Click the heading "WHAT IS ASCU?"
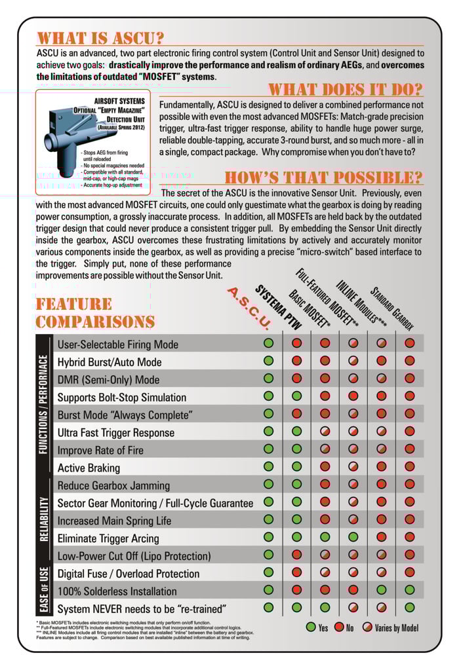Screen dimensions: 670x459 coord(100,38)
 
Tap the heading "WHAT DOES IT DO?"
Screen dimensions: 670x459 coord(346,90)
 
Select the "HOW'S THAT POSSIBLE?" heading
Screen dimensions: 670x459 coord(323,177)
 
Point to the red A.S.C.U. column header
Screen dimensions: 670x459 coord(248,307)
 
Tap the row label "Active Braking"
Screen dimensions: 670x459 coord(89,468)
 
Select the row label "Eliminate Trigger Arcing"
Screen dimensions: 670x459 coord(108,538)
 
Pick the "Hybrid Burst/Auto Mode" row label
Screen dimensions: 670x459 coord(110,362)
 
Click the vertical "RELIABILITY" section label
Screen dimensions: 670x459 coord(45,520)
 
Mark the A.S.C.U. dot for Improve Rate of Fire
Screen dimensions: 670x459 coord(268,449)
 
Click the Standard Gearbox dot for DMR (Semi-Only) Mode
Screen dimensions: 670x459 coord(410,378)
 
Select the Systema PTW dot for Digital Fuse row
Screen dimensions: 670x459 coord(296,572)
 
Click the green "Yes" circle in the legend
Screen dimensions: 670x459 coord(311,627)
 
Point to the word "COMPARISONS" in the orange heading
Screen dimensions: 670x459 coord(95,322)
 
